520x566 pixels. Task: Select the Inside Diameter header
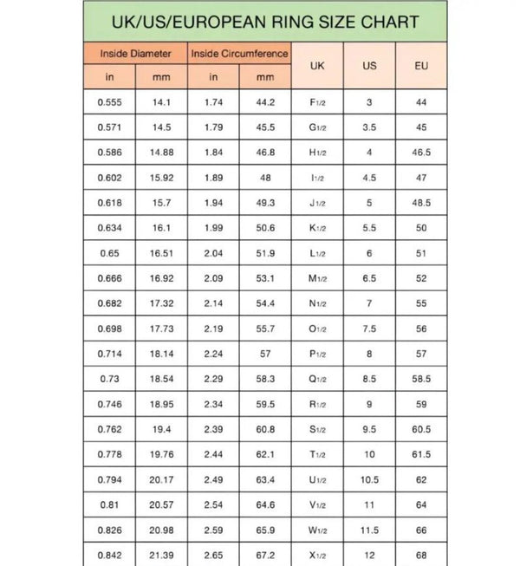[135, 53]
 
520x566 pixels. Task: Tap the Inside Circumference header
[239, 53]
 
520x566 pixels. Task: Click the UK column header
[317, 65]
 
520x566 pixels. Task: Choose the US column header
[369, 65]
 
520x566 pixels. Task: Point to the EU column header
[421, 65]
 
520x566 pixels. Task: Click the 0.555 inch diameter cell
[110, 102]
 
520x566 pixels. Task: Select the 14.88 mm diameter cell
[162, 153]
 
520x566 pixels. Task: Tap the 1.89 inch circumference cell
[213, 178]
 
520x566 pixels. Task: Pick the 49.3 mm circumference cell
[265, 203]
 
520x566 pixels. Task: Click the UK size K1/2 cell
[317, 228]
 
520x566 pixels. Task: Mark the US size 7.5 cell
[369, 329]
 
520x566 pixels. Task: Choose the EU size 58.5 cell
[421, 379]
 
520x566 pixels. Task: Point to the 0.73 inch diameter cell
[110, 379]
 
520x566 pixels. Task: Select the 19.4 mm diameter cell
[162, 429]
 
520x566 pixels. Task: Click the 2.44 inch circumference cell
[213, 454]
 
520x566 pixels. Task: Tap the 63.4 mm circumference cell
[265, 479]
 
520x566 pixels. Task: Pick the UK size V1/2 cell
[317, 504]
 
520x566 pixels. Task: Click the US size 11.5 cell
[369, 530]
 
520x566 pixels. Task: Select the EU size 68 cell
[421, 555]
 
